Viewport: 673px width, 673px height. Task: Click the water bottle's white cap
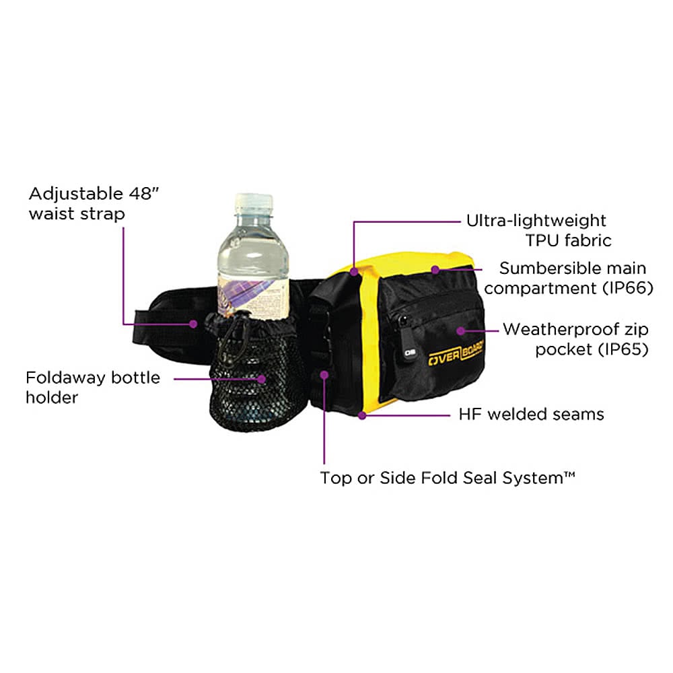click(x=254, y=203)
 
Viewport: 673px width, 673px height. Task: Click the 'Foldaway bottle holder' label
click(x=93, y=387)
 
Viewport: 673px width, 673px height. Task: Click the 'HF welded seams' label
click(x=531, y=414)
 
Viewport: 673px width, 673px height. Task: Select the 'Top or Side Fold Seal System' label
click(x=448, y=479)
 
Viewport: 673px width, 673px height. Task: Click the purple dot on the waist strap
click(x=194, y=324)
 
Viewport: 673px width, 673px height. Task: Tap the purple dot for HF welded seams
click(x=363, y=415)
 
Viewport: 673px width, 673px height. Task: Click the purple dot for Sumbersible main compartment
click(x=435, y=270)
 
